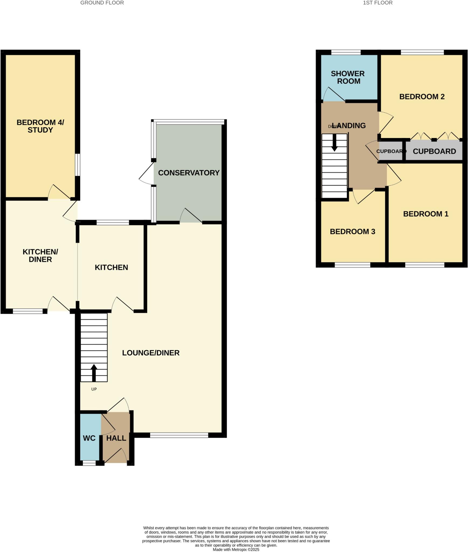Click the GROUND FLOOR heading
click(102, 3)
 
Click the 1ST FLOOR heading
click(377, 3)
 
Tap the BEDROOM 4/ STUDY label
click(40, 126)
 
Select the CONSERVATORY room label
click(189, 173)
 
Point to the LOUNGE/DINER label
click(151, 353)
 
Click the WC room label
click(89, 438)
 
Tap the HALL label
click(116, 438)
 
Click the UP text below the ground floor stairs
click(94, 389)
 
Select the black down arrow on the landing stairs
click(334, 143)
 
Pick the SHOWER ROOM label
click(348, 77)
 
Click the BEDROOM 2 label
click(422, 96)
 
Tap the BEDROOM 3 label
click(352, 231)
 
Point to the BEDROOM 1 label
click(426, 214)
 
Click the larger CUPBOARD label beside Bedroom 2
click(434, 151)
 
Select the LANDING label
click(349, 125)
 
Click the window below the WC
click(89, 463)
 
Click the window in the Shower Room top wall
click(346, 52)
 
